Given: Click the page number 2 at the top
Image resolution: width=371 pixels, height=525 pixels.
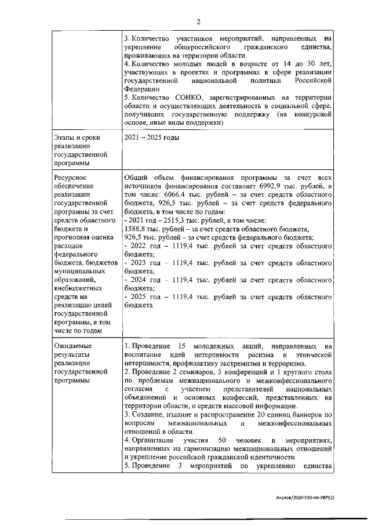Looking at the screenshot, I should pos(198,23).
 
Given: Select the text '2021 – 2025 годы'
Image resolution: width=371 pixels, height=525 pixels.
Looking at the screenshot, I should pos(152,137).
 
